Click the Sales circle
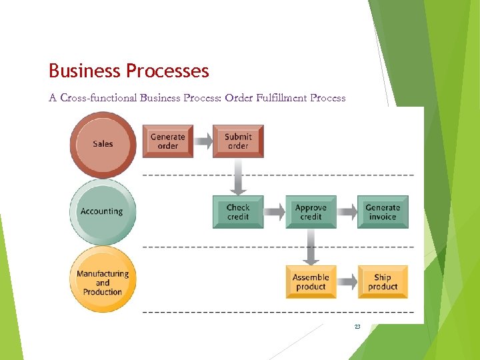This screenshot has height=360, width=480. point(103,144)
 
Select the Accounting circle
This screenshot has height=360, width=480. point(101,211)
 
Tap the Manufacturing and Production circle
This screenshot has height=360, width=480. point(103,282)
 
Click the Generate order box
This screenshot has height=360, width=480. point(167,141)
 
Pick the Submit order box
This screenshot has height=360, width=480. point(238,141)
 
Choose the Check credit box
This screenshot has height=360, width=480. point(238,212)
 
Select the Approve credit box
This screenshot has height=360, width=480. point(311,212)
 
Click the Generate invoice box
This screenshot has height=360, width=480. point(383,212)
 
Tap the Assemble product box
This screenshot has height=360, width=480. point(311,282)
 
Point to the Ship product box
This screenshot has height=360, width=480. point(383,282)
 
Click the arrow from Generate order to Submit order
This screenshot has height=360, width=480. point(203,141)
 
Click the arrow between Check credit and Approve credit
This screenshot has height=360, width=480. point(274,212)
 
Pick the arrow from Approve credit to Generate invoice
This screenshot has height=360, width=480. point(347,212)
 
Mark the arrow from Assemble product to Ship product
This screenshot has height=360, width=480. point(347,282)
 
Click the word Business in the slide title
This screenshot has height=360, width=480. point(84,71)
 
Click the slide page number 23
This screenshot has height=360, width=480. point(357,327)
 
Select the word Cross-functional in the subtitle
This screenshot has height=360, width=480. point(98,98)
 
